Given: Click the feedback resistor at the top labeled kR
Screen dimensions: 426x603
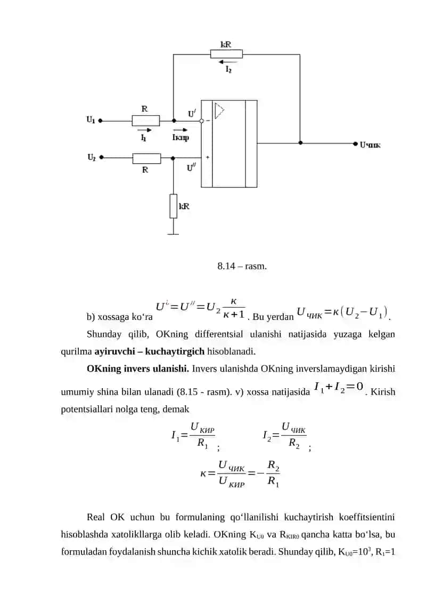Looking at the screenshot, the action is [x=226, y=54].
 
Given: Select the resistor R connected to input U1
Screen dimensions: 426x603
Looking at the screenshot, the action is [x=146, y=120].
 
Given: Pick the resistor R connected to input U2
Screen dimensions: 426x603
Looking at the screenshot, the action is [x=147, y=158].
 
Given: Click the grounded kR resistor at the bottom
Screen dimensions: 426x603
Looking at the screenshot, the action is [x=174, y=206].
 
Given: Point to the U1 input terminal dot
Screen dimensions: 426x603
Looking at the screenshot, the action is [x=100, y=120].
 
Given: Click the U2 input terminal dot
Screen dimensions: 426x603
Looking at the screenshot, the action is [x=101, y=157].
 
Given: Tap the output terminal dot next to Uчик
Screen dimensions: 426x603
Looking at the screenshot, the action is [x=355, y=143].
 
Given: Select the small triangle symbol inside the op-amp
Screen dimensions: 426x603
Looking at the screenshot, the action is [x=219, y=111].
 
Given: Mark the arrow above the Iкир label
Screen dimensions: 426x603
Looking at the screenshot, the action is [x=181, y=130].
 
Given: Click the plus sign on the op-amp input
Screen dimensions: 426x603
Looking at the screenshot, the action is [x=208, y=157].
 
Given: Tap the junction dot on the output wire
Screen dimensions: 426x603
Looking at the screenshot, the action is [x=300, y=143].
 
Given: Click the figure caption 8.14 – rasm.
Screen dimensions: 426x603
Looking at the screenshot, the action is [x=242, y=266].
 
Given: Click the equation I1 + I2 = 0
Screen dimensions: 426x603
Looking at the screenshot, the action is [x=339, y=387].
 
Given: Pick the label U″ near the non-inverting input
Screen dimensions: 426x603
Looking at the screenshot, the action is [x=191, y=167].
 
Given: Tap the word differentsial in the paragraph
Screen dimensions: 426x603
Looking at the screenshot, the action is [x=219, y=334].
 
